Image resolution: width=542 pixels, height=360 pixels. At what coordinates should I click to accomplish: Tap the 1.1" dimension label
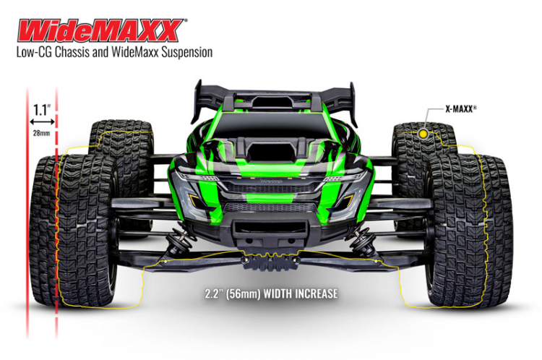click(x=41, y=111)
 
